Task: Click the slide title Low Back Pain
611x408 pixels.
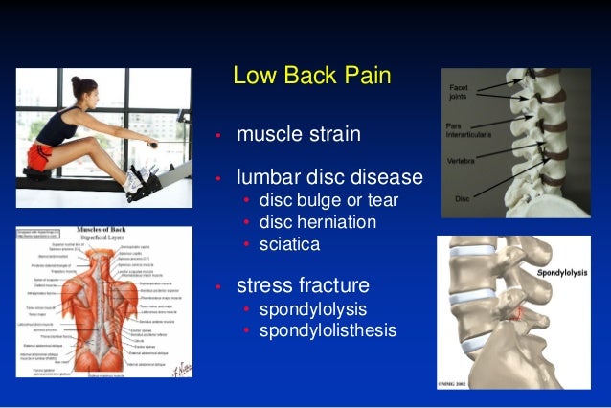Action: [x=312, y=76]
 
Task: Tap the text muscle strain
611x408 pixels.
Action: [x=299, y=133]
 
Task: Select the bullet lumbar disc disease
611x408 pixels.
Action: [x=329, y=177]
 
